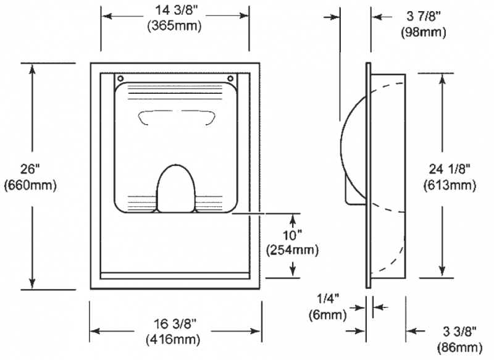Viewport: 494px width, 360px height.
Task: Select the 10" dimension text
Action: (292, 235)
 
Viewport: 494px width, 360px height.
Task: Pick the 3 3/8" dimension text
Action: (459, 332)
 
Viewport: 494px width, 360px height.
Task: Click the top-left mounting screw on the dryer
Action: (120, 78)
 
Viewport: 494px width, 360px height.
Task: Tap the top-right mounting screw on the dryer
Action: (231, 78)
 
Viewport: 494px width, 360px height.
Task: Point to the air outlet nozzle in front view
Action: (176, 188)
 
